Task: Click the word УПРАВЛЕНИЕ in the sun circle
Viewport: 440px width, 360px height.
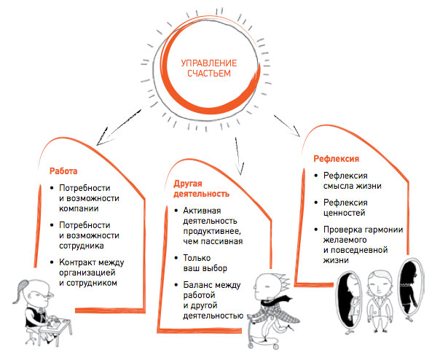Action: pos(209,63)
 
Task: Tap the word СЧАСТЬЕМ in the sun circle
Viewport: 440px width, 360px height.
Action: pos(209,74)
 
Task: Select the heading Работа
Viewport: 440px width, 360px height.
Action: pos(63,171)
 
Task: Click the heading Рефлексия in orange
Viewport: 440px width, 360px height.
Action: pos(336,159)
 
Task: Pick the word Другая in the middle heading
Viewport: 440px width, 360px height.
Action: pos(188,184)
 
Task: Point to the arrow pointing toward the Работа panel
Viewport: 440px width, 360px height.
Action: pos(118,128)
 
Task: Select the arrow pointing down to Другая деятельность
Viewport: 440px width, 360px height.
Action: pos(239,156)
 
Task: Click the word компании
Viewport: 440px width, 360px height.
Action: pos(79,208)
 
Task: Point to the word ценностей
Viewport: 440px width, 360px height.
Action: pos(344,213)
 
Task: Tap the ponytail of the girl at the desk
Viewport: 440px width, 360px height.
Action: pos(20,291)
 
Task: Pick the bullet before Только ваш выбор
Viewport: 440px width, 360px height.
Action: pos(176,258)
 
